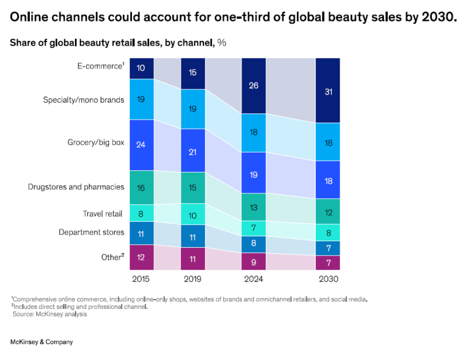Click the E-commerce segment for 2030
coord(327,91)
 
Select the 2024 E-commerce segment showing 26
coord(253,86)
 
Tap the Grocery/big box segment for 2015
coord(141,145)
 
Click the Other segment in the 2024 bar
coord(253,261)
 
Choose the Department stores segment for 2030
coord(327,248)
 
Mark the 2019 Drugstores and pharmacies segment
coord(193,187)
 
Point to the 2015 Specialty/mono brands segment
coord(141,100)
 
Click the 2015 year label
coord(141,279)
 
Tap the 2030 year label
coord(327,279)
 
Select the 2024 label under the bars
coord(253,279)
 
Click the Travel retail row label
coord(103,214)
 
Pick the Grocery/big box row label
coord(96,143)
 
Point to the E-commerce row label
coord(100,65)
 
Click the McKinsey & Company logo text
coord(42,342)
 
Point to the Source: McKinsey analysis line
coord(50,314)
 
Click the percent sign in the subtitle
coord(222,43)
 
